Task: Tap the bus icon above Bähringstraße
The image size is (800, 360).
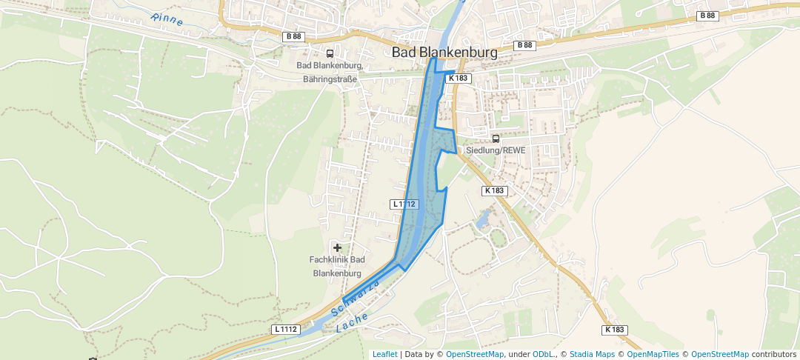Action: pyautogui.click(x=330, y=53)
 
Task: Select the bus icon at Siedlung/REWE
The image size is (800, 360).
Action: pyautogui.click(x=496, y=139)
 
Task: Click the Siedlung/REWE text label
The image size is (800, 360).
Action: pyautogui.click(x=496, y=150)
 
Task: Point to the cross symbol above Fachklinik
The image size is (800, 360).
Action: pyautogui.click(x=338, y=247)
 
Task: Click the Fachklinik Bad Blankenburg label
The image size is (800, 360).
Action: pyautogui.click(x=337, y=266)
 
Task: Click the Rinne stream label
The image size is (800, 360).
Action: pyautogui.click(x=166, y=20)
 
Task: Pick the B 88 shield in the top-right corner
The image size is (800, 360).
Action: pyautogui.click(x=707, y=16)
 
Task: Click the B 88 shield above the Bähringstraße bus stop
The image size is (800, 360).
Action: pyautogui.click(x=293, y=36)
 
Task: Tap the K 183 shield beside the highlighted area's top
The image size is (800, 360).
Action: pyautogui.click(x=459, y=78)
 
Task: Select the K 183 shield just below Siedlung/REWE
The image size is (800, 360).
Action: pyautogui.click(x=495, y=190)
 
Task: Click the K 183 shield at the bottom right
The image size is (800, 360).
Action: pyautogui.click(x=615, y=329)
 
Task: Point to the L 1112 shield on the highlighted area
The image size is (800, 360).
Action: pyautogui.click(x=404, y=204)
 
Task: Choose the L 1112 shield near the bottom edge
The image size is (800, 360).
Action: pyautogui.click(x=285, y=329)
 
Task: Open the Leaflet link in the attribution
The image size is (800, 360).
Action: pyautogui.click(x=384, y=354)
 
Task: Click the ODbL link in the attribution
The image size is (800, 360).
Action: pyautogui.click(x=544, y=354)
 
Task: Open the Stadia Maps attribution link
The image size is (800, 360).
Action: pyautogui.click(x=592, y=354)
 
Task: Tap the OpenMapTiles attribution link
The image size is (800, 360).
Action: pyautogui.click(x=653, y=354)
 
